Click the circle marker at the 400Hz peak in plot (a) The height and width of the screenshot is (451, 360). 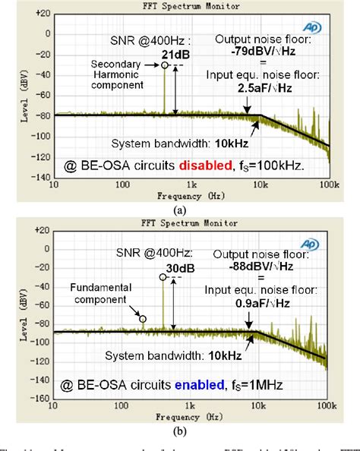coord(163,65)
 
